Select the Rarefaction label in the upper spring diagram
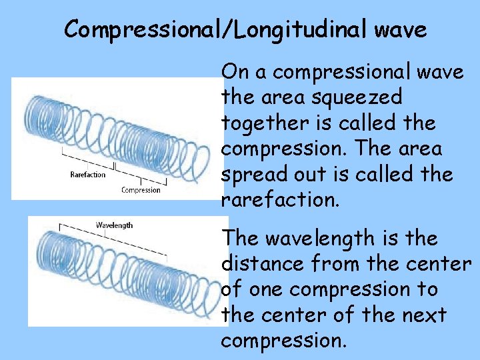coord(88,175)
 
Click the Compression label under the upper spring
coord(141,190)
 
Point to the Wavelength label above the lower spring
coord(115,225)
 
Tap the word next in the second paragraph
coord(423,315)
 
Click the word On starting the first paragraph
coord(234,71)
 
